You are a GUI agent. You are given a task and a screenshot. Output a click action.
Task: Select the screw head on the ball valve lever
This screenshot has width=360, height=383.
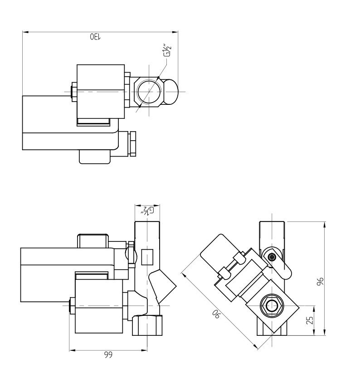(x=272, y=258)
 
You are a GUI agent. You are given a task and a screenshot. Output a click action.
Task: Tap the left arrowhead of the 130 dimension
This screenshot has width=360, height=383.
(x=24, y=32)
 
